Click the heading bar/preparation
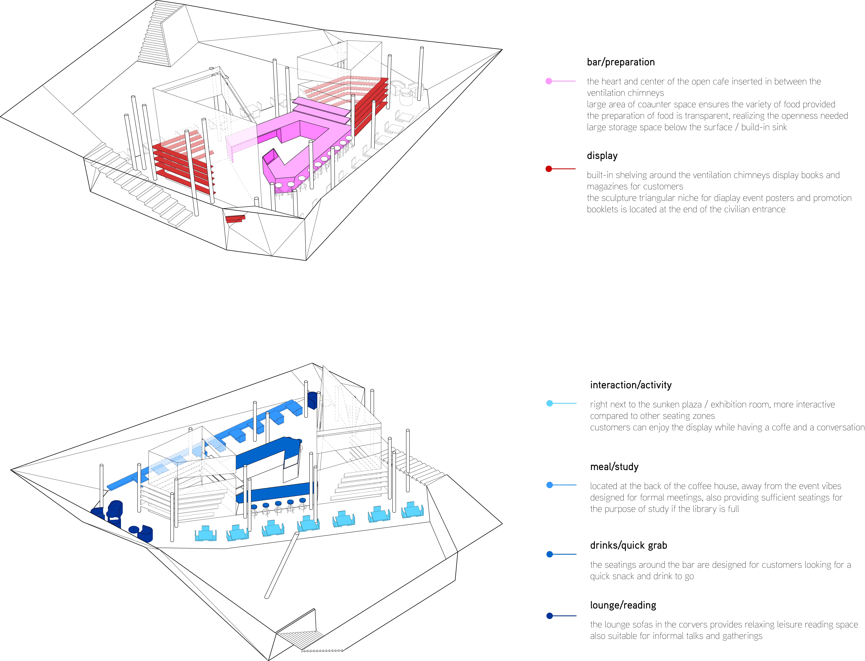[x=621, y=62]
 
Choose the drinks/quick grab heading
[x=628, y=545]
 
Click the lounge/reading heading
[x=623, y=605]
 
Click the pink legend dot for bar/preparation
[x=549, y=81]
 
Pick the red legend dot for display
[x=549, y=169]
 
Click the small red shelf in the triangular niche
[x=235, y=219]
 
